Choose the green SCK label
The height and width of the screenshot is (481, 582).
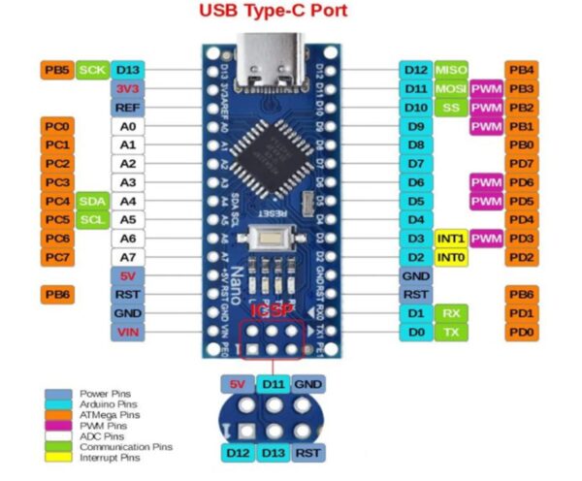[92, 70]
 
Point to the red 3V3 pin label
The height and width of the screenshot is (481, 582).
[127, 88]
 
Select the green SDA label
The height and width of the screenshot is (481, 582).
[92, 201]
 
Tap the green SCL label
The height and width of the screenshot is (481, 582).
[92, 219]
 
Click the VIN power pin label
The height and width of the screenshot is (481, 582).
[127, 332]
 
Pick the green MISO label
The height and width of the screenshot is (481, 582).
[451, 70]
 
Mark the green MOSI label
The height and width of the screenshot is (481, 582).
[451, 88]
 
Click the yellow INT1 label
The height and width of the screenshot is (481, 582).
[451, 239]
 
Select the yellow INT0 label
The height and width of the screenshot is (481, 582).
[451, 257]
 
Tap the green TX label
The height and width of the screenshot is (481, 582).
[451, 332]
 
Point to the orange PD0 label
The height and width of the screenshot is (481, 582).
[522, 332]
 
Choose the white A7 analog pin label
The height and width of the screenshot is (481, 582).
[127, 257]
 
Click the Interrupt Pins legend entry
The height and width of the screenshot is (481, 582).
[109, 458]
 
